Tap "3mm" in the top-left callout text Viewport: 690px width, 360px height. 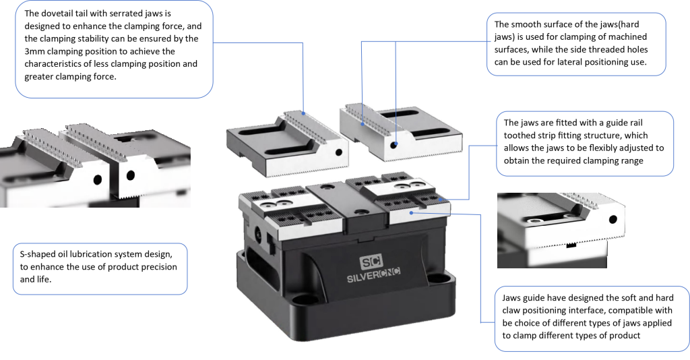pyautogui.click(x=36, y=51)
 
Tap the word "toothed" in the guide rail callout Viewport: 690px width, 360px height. pyautogui.click(x=523, y=135)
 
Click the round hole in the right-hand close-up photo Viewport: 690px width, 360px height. pyautogui.click(x=612, y=219)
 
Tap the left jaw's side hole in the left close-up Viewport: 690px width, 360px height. pyautogui.click(x=98, y=180)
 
